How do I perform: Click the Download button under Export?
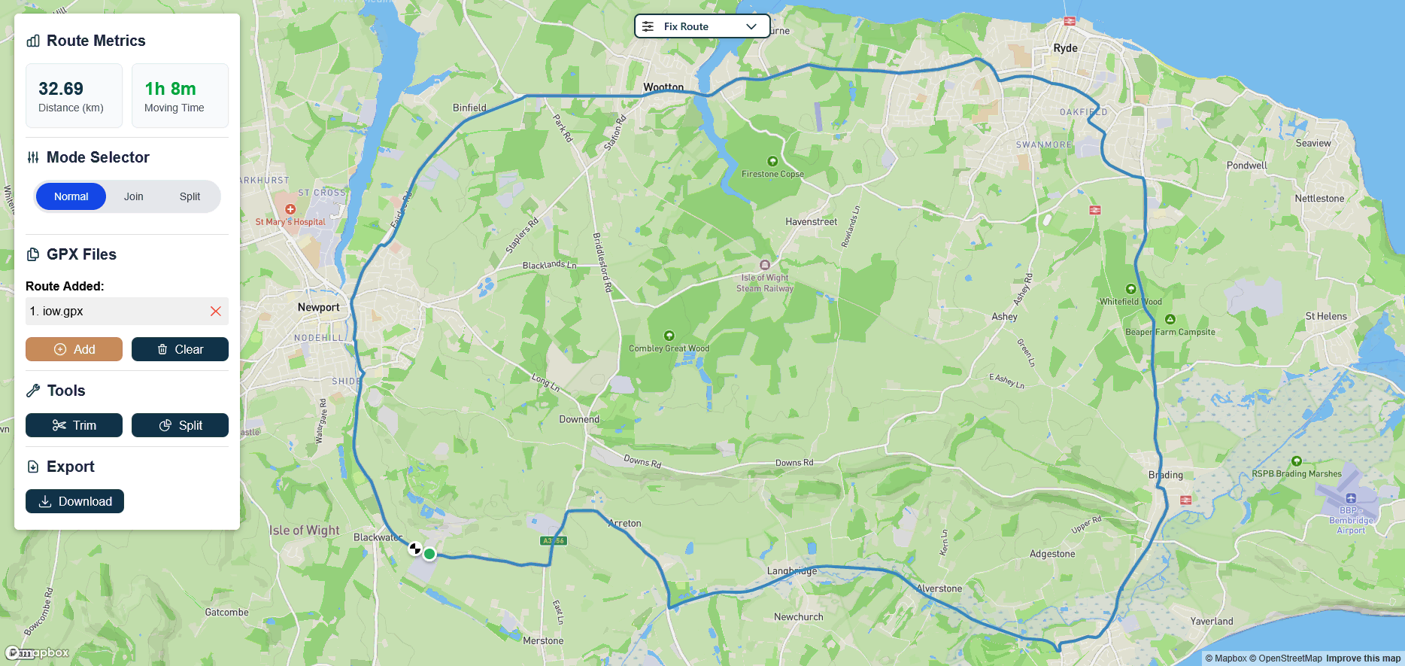pyautogui.click(x=74, y=501)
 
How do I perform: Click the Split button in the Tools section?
pyautogui.click(x=180, y=425)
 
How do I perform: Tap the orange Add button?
pyautogui.click(x=74, y=349)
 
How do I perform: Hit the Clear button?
pyautogui.click(x=180, y=349)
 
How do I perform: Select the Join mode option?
pyautogui.click(x=133, y=196)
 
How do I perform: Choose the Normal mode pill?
pyautogui.click(x=71, y=196)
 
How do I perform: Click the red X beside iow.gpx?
pyautogui.click(x=216, y=311)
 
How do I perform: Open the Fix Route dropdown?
pyautogui.click(x=702, y=26)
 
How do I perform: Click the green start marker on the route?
pyautogui.click(x=429, y=554)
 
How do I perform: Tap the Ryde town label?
pyautogui.click(x=1065, y=48)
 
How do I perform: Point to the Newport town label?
pyautogui.click(x=318, y=307)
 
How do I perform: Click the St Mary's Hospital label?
pyautogui.click(x=290, y=222)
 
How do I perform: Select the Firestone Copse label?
pyautogui.click(x=772, y=174)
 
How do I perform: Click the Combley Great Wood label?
pyautogui.click(x=669, y=348)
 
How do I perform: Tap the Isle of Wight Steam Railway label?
pyautogui.click(x=765, y=283)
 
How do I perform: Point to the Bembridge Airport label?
pyautogui.click(x=1351, y=520)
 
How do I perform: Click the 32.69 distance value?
pyautogui.click(x=61, y=89)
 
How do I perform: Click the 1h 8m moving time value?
pyautogui.click(x=170, y=89)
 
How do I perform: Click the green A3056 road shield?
pyautogui.click(x=554, y=540)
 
